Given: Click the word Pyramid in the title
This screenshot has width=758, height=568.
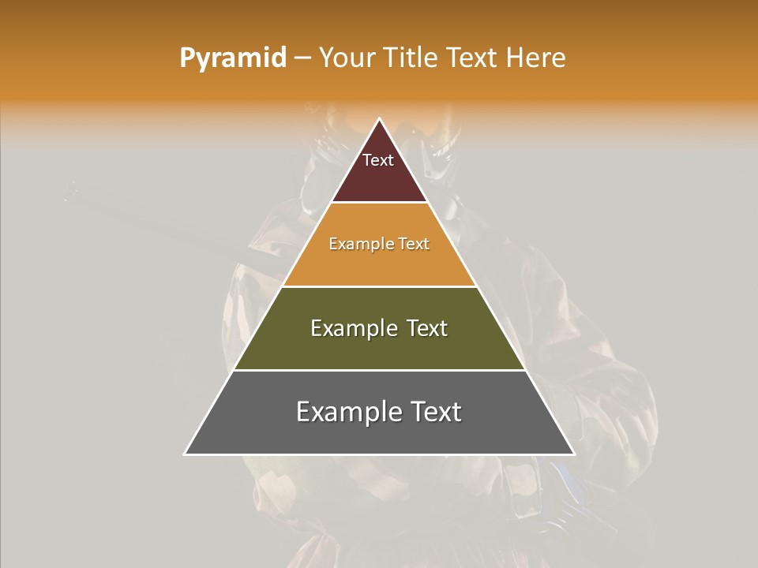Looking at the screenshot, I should [232, 58].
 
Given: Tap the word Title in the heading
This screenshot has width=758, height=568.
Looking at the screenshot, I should [414, 58].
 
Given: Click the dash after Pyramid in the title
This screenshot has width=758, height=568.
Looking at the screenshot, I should [302, 58].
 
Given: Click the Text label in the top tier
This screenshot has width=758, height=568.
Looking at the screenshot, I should [378, 161].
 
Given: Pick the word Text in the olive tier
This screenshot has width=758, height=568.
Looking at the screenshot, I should [426, 328].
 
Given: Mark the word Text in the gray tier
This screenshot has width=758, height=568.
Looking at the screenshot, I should [435, 412].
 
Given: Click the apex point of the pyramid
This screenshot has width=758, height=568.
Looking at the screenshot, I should [379, 120].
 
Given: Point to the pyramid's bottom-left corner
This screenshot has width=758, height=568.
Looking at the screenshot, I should [186, 454].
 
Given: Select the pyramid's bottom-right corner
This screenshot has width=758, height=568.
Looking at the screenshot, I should [573, 454].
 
